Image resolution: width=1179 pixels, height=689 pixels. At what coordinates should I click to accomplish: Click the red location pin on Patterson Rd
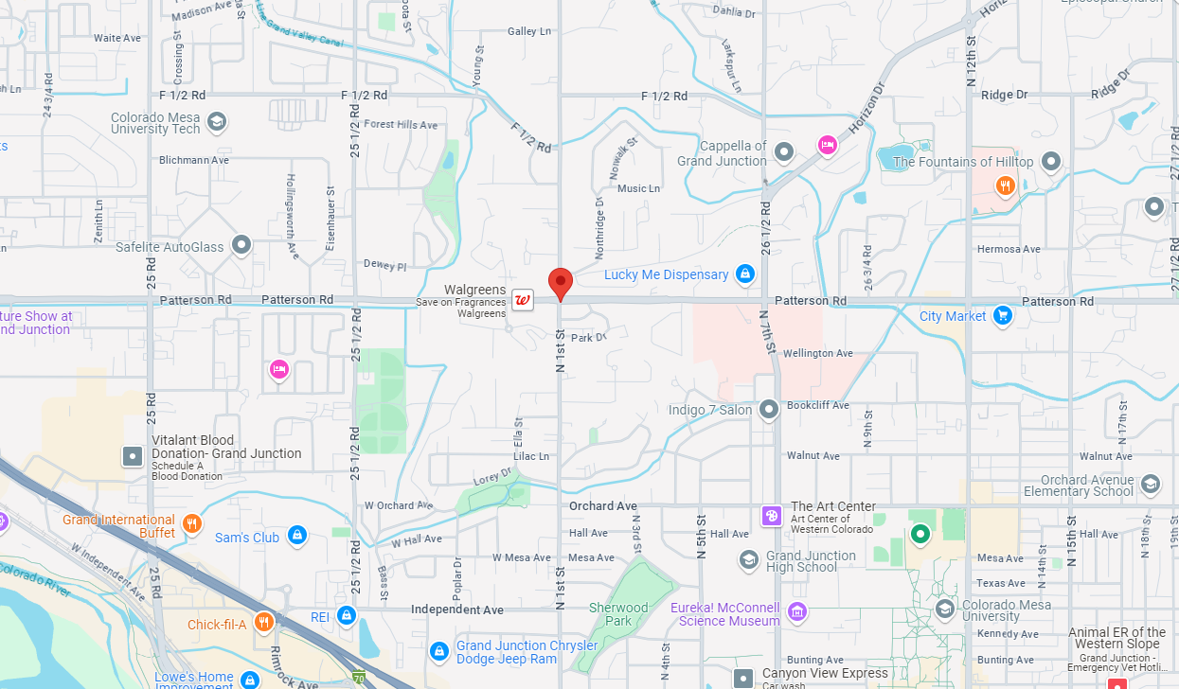click(x=561, y=282)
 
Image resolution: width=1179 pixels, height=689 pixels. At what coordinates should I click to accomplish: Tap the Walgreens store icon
click(x=522, y=300)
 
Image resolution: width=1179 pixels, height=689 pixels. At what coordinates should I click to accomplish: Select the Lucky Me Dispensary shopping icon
click(x=745, y=274)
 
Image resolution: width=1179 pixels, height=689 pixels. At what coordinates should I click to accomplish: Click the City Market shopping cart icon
click(x=1003, y=316)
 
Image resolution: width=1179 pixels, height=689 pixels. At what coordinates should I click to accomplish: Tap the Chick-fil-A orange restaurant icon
click(x=263, y=623)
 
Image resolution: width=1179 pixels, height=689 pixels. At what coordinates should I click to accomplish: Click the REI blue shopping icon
click(x=346, y=616)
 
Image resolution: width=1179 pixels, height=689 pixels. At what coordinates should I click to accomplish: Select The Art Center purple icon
click(x=772, y=515)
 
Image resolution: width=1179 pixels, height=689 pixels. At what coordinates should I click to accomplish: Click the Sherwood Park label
click(x=618, y=614)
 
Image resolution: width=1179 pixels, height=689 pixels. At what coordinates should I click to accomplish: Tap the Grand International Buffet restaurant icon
click(x=192, y=523)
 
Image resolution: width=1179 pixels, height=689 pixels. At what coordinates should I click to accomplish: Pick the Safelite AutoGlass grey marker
click(x=241, y=246)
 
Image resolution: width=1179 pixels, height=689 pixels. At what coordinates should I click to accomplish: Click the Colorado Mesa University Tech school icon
click(x=216, y=121)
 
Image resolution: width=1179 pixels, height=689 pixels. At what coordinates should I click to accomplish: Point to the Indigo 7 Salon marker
click(x=769, y=409)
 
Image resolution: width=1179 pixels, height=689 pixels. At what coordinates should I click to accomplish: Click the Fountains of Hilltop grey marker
click(x=1050, y=161)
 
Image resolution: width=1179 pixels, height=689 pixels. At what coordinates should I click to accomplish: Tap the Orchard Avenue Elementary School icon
click(x=1151, y=485)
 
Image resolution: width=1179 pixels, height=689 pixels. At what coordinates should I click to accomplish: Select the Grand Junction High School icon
click(x=749, y=559)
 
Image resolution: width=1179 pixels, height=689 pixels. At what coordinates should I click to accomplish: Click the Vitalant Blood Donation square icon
click(x=133, y=456)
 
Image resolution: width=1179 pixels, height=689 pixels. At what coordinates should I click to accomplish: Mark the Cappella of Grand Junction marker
click(x=783, y=151)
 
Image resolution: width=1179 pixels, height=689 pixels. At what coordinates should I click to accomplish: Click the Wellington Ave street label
click(x=818, y=353)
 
